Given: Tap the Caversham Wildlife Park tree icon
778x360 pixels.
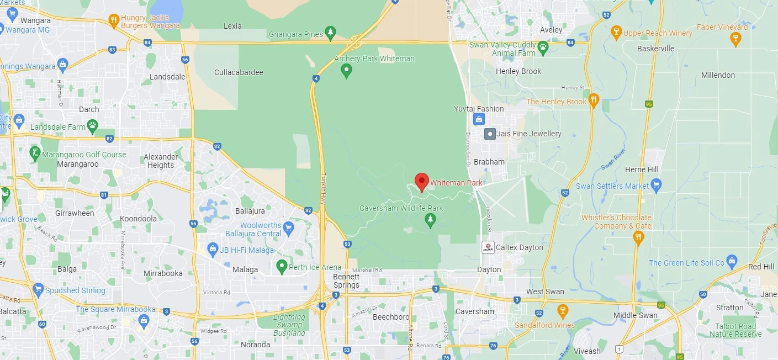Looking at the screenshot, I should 430,220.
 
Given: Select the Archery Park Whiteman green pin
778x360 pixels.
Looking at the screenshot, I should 346,71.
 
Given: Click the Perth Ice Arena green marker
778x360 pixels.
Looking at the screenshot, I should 282,267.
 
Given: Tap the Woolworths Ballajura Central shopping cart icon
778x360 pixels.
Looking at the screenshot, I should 288,227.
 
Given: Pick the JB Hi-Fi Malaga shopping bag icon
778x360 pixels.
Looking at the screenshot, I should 213,250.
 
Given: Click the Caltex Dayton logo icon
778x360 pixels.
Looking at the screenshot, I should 488,247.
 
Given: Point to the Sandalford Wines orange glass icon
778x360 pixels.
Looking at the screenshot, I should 562,311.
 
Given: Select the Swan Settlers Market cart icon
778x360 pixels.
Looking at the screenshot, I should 656,184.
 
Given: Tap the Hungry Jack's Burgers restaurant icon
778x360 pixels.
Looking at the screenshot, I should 114,21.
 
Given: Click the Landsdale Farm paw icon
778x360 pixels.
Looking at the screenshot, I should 93,127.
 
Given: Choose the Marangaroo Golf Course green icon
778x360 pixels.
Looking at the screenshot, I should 35,153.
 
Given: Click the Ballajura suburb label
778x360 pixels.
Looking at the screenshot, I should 250,211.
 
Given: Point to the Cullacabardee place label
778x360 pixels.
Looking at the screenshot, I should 239,72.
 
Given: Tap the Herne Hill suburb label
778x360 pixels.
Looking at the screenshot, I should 642,170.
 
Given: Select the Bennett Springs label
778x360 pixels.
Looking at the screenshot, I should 346,281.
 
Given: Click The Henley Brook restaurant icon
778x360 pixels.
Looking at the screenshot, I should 594,100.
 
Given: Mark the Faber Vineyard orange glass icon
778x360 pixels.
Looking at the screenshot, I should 735,38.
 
